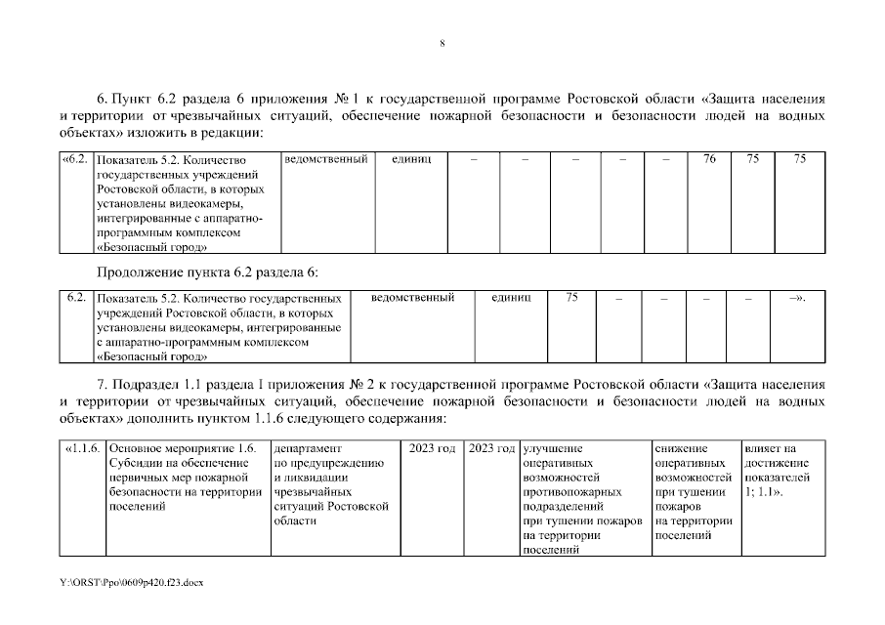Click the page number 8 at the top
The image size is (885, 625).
[x=442, y=44]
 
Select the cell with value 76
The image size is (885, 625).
[x=709, y=158]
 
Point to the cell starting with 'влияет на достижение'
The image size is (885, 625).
[x=777, y=471]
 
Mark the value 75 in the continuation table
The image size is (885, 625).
[x=572, y=297]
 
